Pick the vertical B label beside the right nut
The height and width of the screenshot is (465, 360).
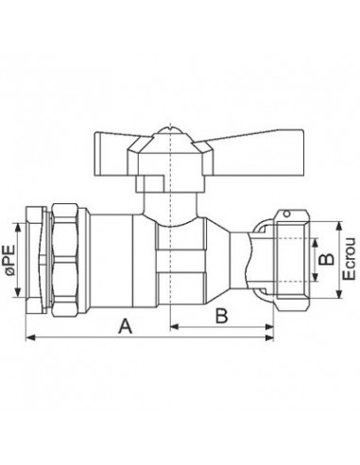pyautogui.click(x=322, y=257)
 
